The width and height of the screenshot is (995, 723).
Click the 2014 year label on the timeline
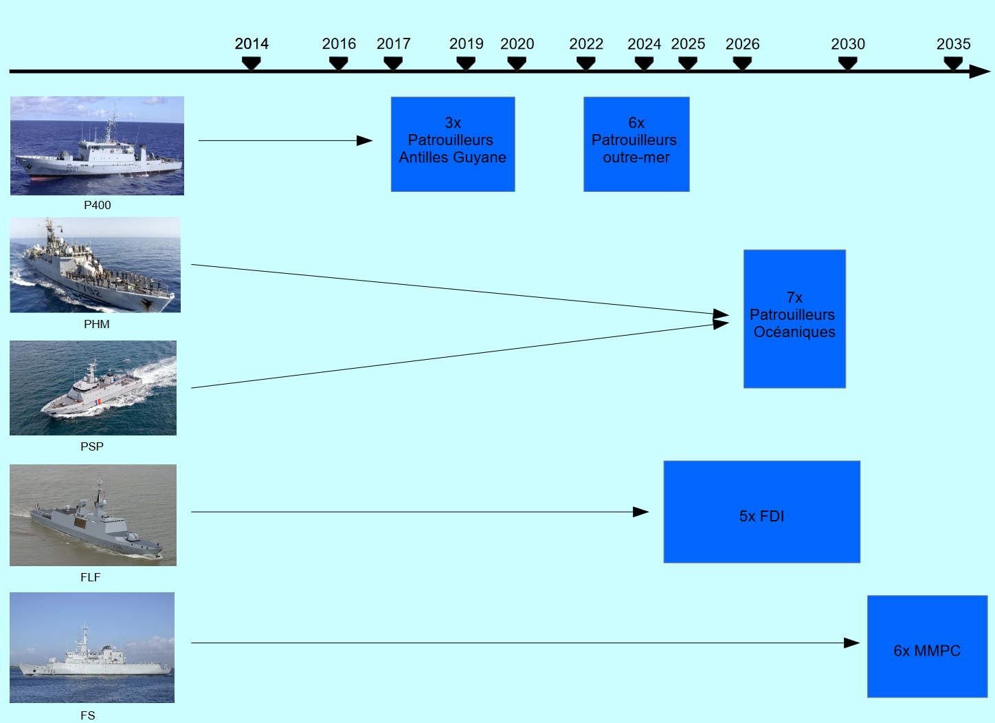(x=251, y=44)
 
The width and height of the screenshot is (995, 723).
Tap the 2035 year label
(x=953, y=44)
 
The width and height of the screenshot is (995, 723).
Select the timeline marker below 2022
(x=585, y=63)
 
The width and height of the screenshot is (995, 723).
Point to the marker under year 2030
(x=848, y=63)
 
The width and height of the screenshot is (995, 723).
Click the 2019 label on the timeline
(x=466, y=44)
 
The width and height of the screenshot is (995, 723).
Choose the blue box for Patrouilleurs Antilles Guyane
(x=453, y=144)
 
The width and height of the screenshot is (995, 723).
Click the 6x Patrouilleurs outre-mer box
(x=636, y=144)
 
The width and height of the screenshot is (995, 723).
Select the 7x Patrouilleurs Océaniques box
(x=794, y=319)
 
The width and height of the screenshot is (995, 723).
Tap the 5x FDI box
(x=761, y=512)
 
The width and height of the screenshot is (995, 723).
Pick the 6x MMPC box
(x=927, y=647)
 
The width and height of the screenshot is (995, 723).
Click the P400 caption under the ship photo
(x=97, y=205)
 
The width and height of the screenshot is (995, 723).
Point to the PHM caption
(x=96, y=324)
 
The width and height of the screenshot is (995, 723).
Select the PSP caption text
(x=92, y=446)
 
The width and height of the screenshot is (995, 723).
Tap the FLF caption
(x=90, y=577)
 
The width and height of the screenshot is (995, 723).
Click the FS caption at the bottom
(x=87, y=715)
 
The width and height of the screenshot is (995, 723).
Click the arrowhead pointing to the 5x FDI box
(x=640, y=512)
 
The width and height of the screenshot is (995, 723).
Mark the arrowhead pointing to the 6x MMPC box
(x=851, y=643)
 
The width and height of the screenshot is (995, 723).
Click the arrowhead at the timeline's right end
(x=980, y=71)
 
